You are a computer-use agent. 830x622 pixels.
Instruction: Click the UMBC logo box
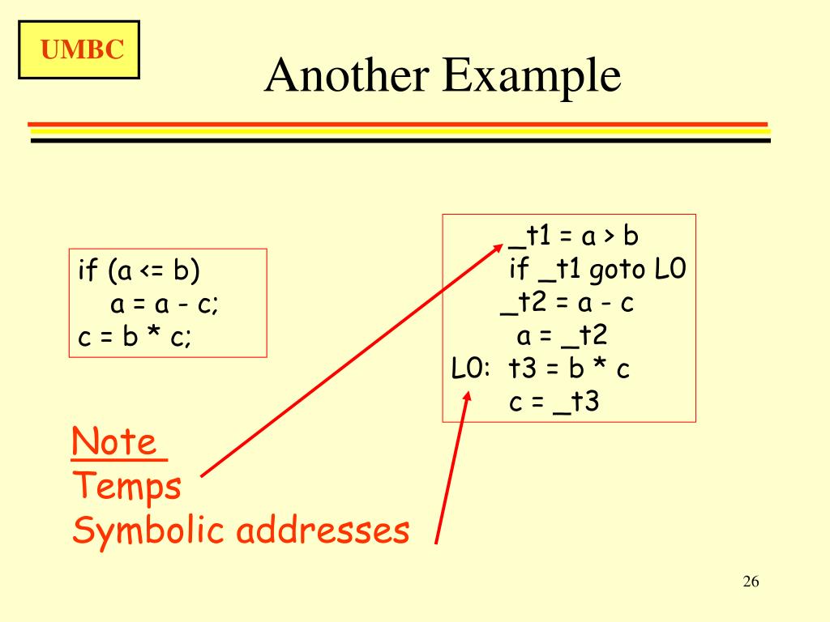click(x=79, y=50)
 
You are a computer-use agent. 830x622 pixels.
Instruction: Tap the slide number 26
click(x=750, y=582)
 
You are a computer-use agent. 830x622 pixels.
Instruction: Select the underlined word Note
click(x=113, y=443)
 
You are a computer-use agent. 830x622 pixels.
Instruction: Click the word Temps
click(x=127, y=488)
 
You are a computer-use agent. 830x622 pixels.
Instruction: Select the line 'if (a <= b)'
click(x=139, y=271)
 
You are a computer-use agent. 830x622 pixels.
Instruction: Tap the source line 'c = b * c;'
click(x=135, y=338)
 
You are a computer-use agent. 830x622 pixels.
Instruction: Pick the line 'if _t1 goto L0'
click(x=598, y=270)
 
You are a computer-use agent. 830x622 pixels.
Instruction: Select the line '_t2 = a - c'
click(x=567, y=303)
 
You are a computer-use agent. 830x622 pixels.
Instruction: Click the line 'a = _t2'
click(x=563, y=335)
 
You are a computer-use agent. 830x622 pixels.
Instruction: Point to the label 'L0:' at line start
click(x=471, y=369)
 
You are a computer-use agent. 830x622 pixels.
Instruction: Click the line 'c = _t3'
click(x=554, y=402)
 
